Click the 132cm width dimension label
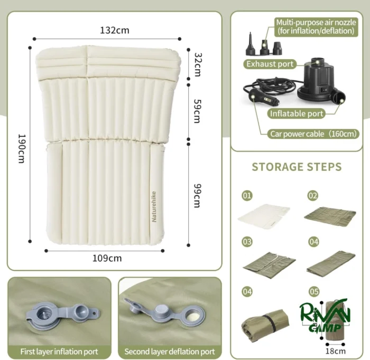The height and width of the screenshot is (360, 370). [115, 31]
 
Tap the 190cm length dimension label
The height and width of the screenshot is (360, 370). [22, 149]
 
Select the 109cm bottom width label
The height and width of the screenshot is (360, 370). [107, 258]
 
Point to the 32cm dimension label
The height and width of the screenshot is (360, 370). [197, 64]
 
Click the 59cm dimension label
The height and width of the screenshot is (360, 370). [197, 111]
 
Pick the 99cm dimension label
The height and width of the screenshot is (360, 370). [197, 195]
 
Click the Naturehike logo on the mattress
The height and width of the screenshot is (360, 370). [154, 206]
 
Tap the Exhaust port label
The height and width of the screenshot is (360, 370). [270, 64]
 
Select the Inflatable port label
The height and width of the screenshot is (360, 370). [297, 113]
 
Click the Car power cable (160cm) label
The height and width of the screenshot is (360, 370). [313, 134]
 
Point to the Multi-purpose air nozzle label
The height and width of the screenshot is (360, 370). [316, 26]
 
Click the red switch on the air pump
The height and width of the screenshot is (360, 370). [325, 90]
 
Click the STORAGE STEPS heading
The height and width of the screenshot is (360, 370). [297, 167]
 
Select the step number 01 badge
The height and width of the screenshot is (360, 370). [247, 195]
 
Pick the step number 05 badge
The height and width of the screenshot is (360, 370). [314, 292]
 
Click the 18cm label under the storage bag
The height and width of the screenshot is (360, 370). [335, 351]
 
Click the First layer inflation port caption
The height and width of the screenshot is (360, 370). [59, 352]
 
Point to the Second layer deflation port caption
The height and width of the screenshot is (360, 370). [170, 352]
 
